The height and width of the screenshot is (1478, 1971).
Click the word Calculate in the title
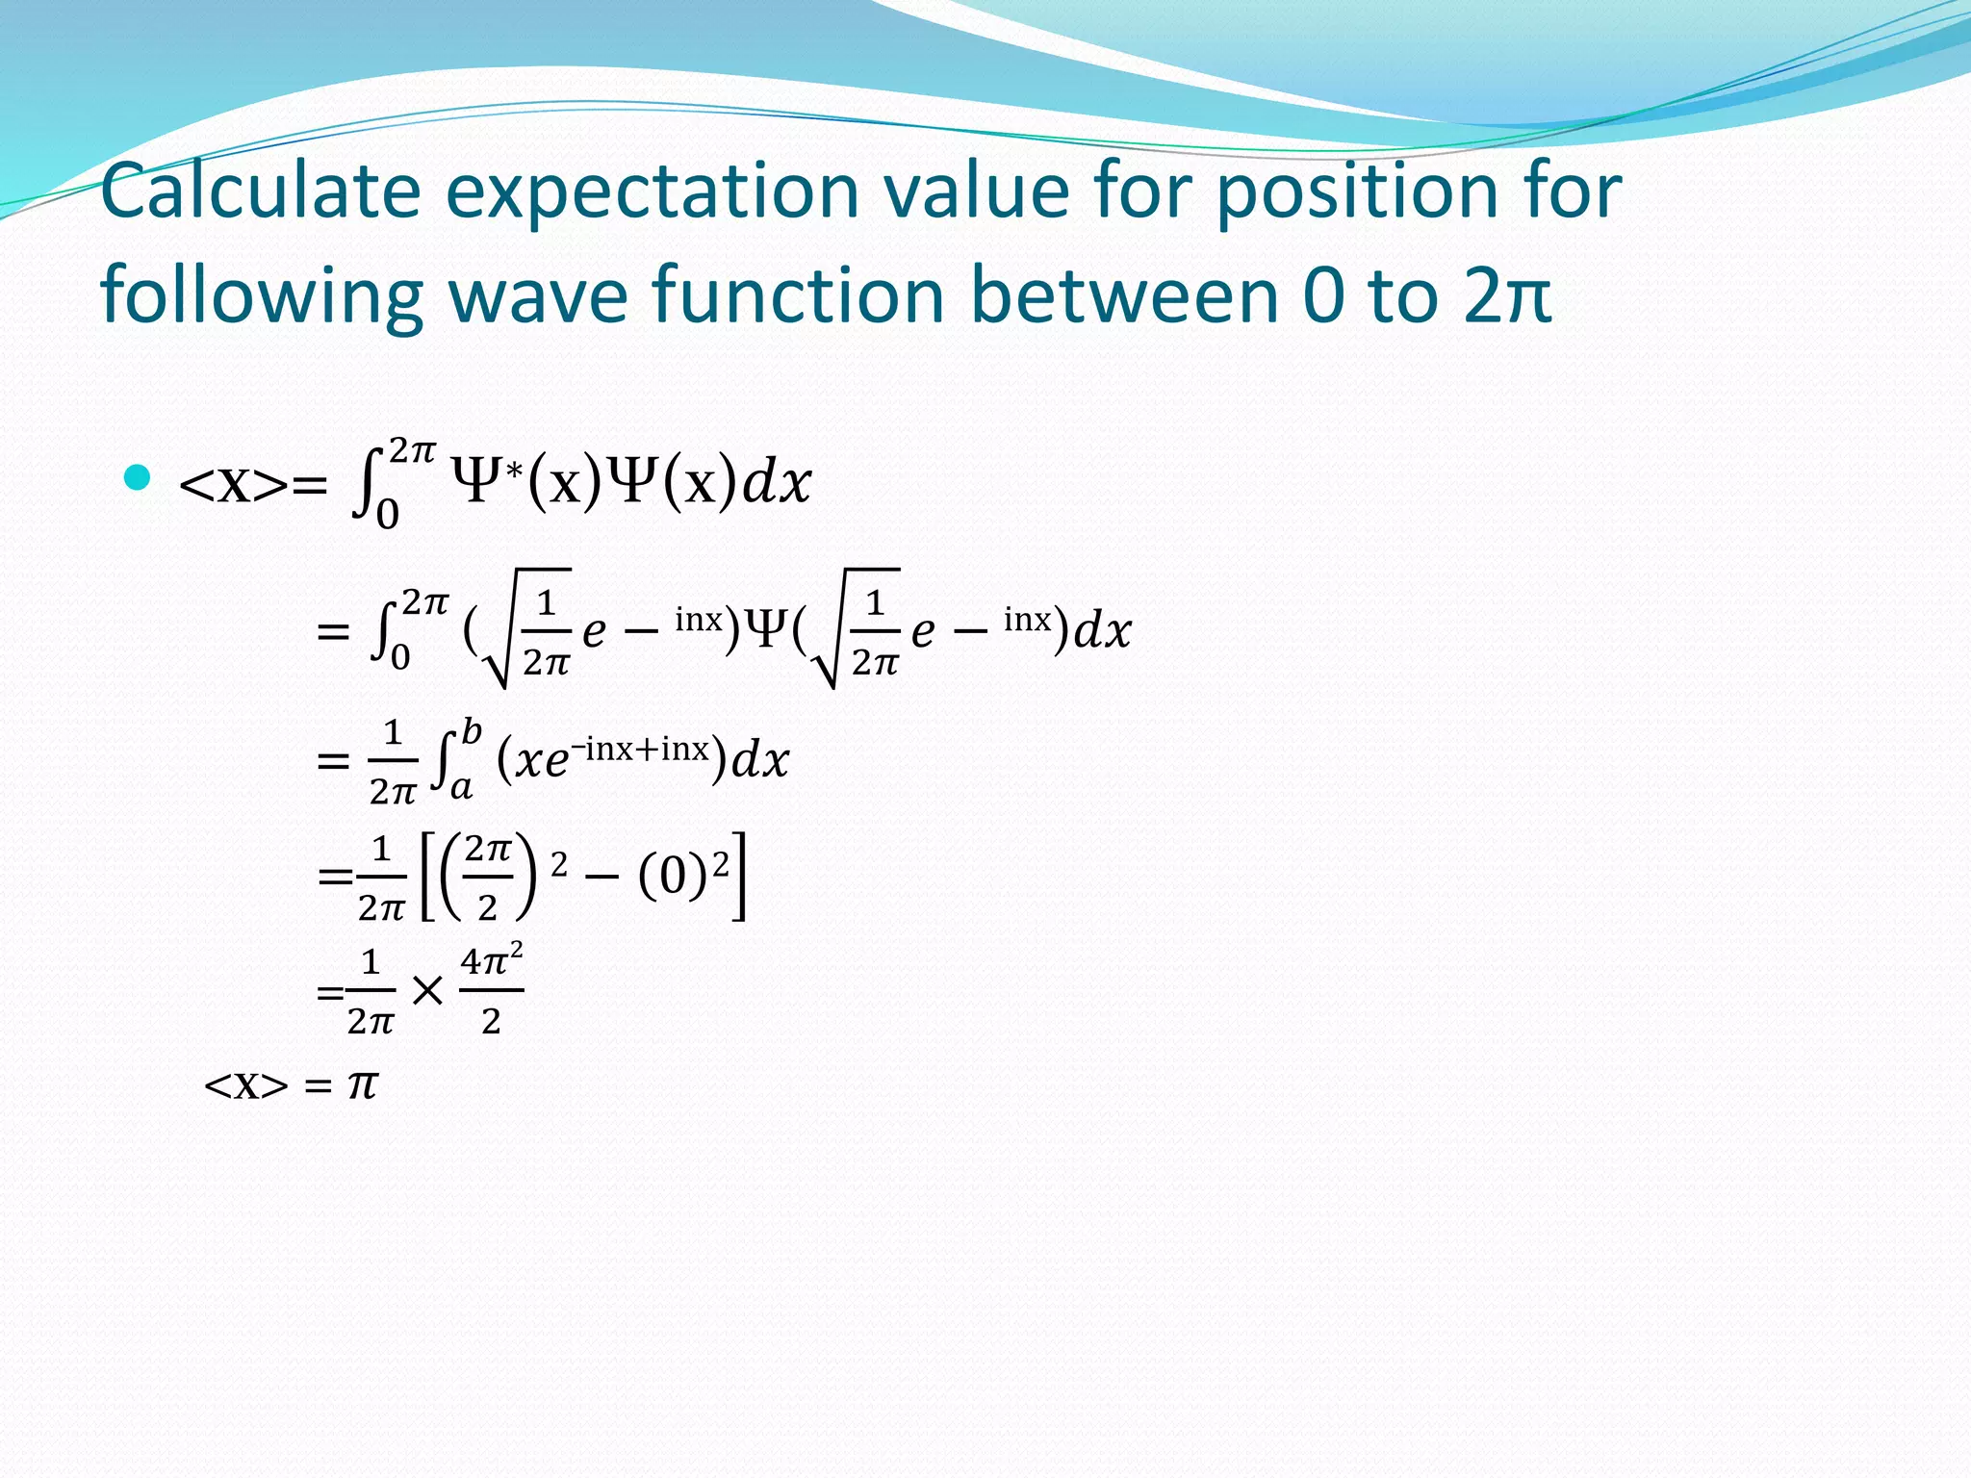pos(260,191)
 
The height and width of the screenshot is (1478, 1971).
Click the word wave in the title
pos(539,295)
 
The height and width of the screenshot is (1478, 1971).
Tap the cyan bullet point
pos(138,477)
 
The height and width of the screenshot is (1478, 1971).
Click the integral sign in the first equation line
pos(366,484)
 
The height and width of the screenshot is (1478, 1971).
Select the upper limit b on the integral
pos(471,731)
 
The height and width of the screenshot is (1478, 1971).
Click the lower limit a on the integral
pos(462,788)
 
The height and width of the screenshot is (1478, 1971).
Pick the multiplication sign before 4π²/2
pos(427,990)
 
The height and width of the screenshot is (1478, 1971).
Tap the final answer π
pos(363,1084)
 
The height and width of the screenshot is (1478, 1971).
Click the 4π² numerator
pos(491,960)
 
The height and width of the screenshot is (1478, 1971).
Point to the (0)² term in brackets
pos(682,874)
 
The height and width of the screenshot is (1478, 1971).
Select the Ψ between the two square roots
pos(767,630)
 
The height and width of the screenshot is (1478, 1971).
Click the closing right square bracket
pos(738,876)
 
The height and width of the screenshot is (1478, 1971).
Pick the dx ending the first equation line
pos(776,482)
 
